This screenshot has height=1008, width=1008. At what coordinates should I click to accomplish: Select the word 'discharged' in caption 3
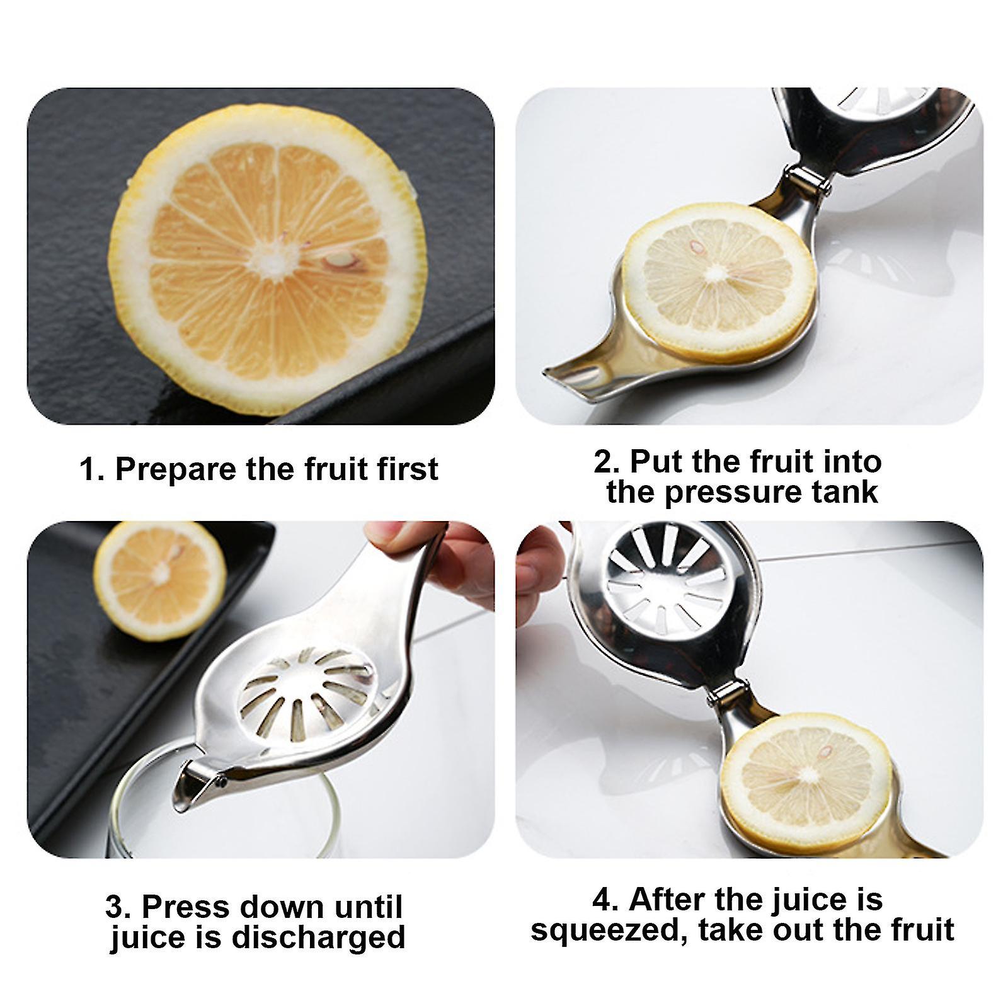click(x=318, y=937)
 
